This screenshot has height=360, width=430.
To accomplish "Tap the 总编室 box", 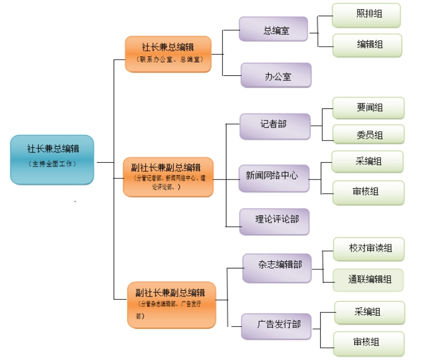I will tap(273, 29).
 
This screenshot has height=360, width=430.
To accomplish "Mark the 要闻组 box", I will tap(368, 108).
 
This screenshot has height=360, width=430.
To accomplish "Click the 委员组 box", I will tap(368, 135).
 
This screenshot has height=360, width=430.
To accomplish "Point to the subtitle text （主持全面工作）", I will tap(52, 164).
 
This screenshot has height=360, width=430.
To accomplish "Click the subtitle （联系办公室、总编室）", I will tap(168, 60).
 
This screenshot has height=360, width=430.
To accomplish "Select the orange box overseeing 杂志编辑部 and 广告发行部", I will tap(171, 304).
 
